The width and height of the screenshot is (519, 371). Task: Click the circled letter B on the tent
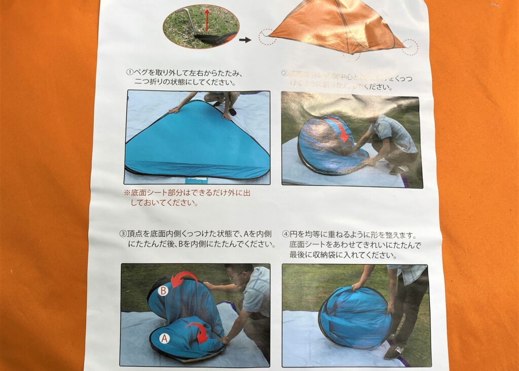point(163,291)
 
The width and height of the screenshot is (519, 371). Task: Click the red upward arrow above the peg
point(207,20)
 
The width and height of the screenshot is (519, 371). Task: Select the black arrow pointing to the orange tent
point(245,40)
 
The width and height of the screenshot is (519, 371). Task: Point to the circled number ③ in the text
point(123,234)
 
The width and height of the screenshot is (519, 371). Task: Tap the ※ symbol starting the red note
point(127,194)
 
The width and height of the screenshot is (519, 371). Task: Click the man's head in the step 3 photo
point(239,274)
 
